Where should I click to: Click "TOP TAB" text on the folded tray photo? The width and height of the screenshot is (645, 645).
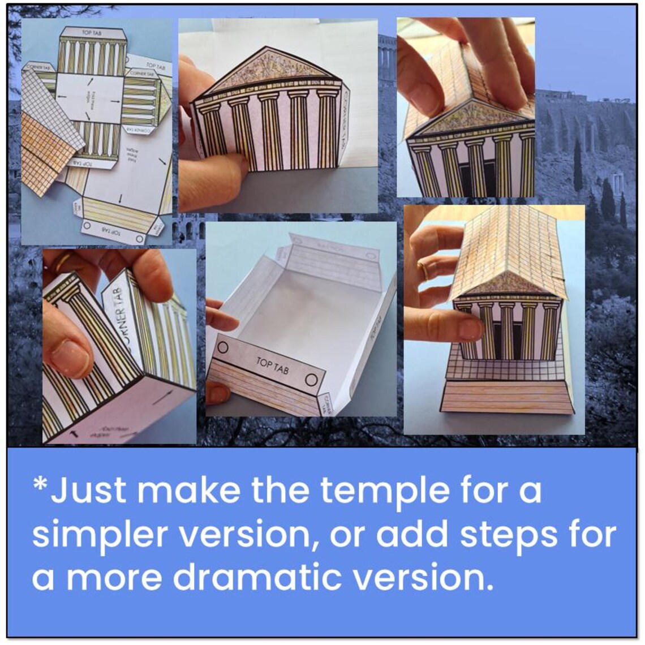(272, 365)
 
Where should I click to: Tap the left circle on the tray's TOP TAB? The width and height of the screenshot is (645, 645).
(223, 348)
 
